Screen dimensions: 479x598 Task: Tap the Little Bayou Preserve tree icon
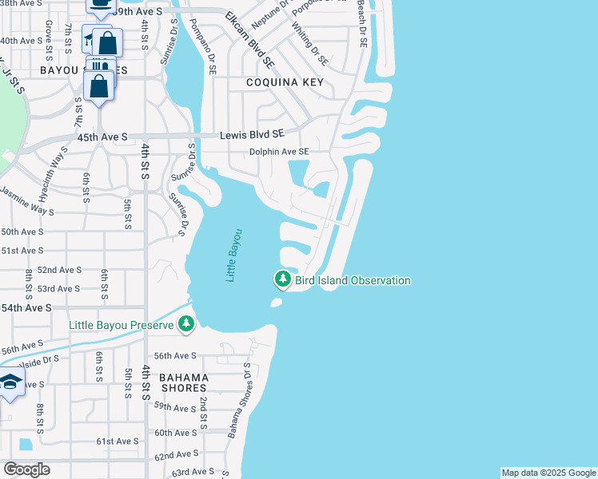coord(185,324)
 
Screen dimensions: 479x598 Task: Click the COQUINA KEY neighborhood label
coord(273,82)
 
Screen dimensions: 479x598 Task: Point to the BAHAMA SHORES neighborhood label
coord(183,382)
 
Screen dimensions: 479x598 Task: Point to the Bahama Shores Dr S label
coord(239,401)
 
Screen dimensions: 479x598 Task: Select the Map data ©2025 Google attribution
coord(548,473)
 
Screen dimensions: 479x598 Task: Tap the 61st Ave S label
coord(118,441)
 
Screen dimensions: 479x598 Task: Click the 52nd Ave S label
coord(58,270)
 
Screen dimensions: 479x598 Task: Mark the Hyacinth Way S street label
coord(54,168)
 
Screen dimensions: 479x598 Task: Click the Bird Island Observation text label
coord(353,281)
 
